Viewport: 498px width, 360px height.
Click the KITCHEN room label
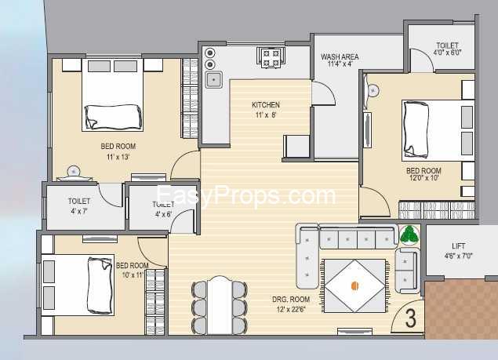[x=265, y=105]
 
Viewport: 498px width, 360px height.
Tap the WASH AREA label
[x=340, y=57]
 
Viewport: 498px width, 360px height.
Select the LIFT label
[x=459, y=245]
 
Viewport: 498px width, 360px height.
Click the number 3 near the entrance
[x=410, y=318]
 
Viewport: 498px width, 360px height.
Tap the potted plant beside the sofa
[x=409, y=235]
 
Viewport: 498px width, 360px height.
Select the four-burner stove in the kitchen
[x=271, y=56]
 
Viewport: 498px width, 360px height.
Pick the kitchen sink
[x=213, y=79]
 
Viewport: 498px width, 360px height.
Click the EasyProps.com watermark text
[x=246, y=196]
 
